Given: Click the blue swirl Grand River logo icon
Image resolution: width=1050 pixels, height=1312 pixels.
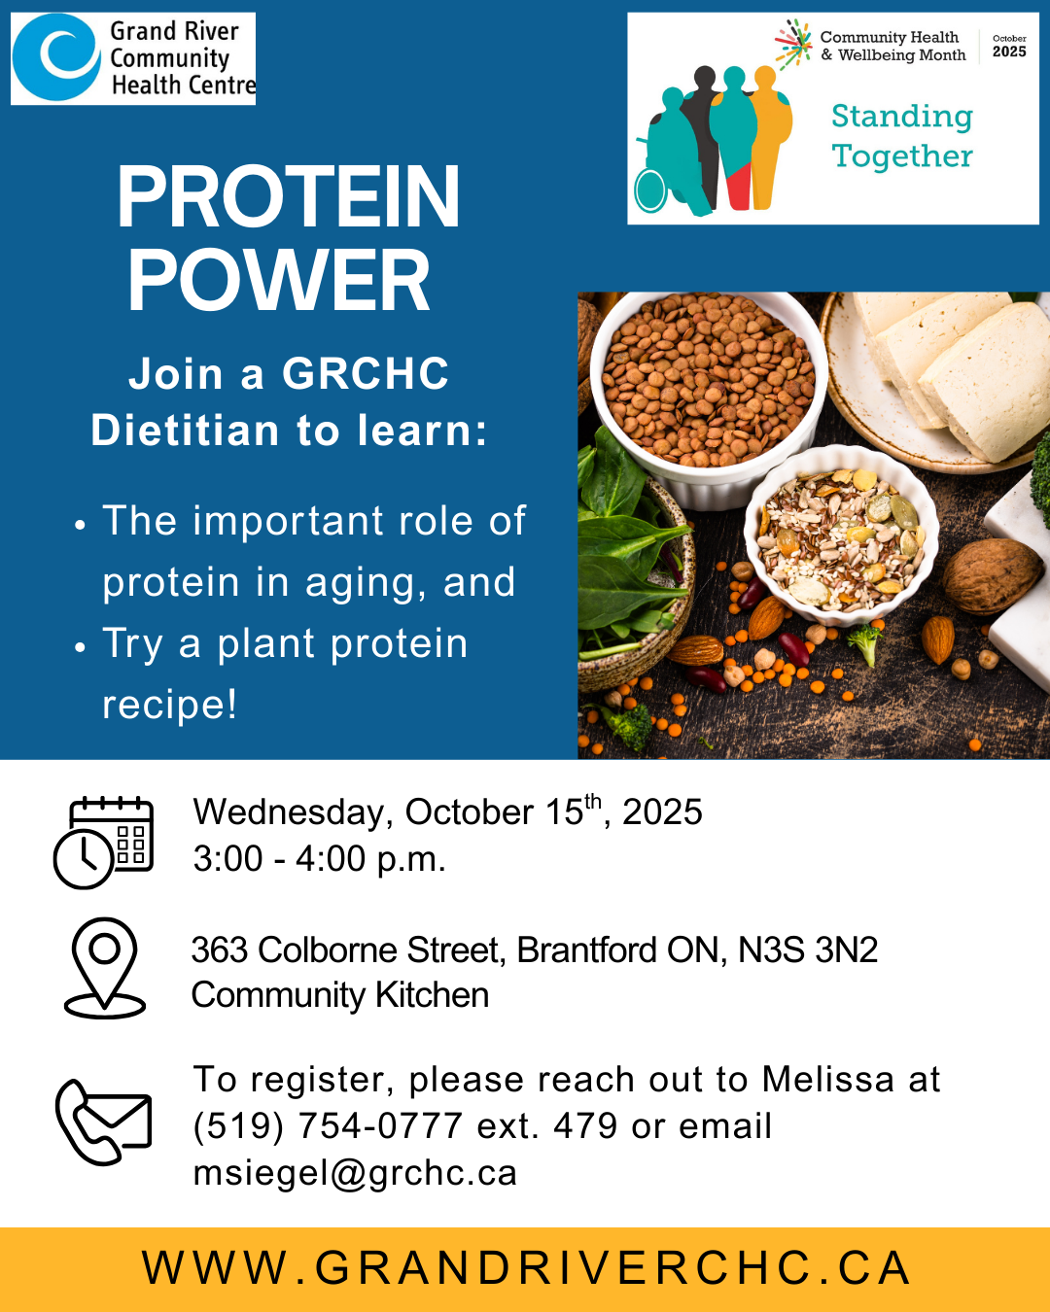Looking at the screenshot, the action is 56,57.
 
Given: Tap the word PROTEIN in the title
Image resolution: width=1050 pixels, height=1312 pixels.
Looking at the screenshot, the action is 288,196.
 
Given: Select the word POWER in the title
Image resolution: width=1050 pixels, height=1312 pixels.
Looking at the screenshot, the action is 279,280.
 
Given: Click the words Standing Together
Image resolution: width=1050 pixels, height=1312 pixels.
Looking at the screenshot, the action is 902,136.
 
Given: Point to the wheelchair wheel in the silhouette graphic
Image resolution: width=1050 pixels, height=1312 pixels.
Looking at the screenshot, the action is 651,190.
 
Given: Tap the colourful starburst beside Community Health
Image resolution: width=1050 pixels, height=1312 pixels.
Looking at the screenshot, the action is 793,44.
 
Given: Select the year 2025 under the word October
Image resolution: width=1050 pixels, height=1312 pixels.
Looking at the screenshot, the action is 1009,52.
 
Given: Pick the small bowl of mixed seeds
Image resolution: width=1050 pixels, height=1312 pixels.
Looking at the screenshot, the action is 841,535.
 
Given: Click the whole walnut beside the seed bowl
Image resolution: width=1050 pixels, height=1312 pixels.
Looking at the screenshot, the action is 992,575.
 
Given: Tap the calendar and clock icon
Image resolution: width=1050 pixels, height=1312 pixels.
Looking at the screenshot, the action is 104,842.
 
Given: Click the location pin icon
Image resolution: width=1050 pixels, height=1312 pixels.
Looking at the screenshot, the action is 104,968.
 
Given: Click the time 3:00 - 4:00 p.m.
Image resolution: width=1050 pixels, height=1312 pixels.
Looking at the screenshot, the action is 320,858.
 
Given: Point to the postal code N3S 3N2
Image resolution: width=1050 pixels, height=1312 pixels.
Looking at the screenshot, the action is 808,949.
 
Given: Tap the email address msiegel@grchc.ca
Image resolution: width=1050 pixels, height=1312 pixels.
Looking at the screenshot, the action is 355,1172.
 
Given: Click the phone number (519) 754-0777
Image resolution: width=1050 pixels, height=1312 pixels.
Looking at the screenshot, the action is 328,1125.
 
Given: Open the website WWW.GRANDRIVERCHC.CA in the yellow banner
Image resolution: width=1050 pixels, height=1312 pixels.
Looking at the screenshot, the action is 526,1268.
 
